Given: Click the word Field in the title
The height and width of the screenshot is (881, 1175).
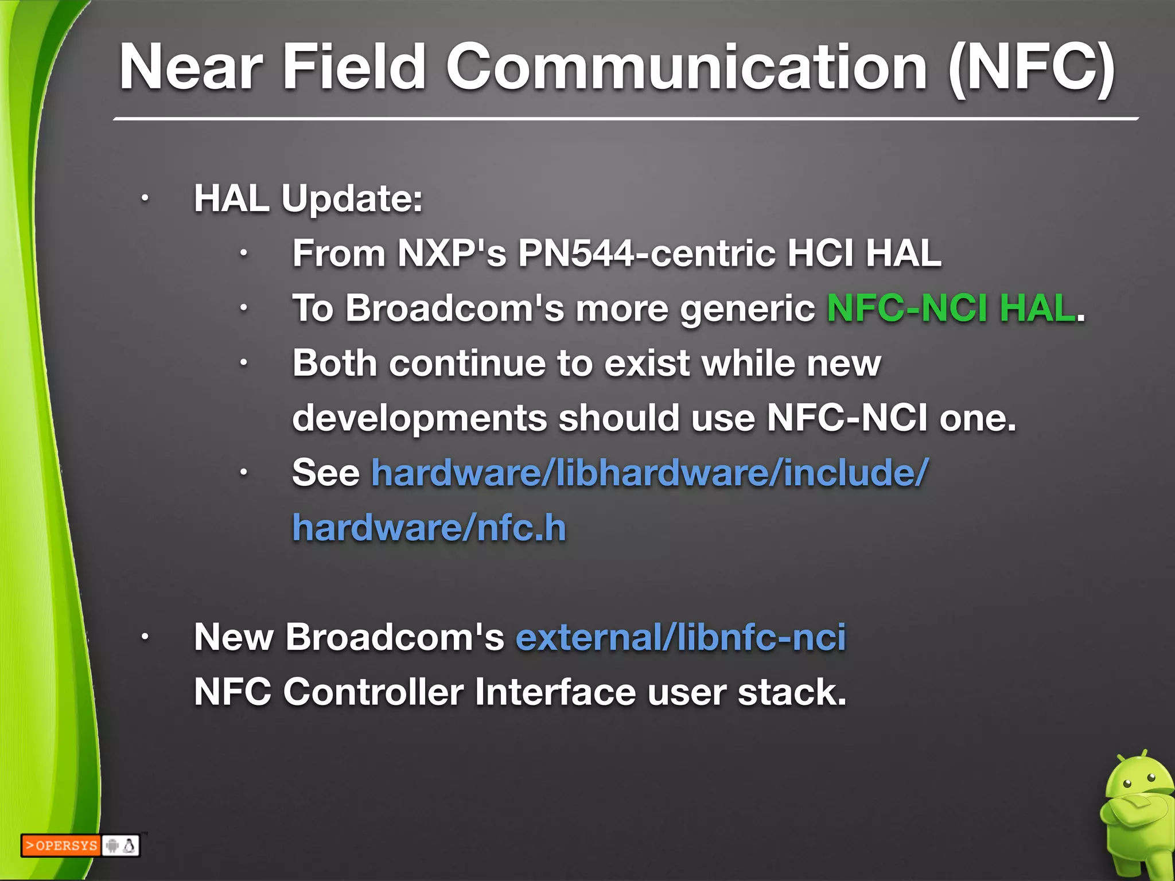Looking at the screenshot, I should coord(352,68).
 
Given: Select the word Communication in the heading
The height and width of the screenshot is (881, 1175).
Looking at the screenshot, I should coord(686,68).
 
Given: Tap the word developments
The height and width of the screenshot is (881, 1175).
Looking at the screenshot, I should coord(419,418).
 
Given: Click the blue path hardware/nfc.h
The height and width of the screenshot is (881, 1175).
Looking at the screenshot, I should coord(429,528).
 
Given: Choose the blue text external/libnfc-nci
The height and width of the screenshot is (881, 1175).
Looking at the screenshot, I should coord(680,637).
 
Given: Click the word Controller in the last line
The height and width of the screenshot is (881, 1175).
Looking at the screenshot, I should coord(373,692).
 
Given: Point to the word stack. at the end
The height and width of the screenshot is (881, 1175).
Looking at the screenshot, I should coord(792,692).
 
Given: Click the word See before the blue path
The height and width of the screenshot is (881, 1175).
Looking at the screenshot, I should coord(325,473).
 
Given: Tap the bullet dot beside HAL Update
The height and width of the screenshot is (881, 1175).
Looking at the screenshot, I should coord(145,199).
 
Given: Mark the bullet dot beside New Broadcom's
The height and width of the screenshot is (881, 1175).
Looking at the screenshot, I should coord(145,637).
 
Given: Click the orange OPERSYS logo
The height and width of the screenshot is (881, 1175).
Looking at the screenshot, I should coord(61,845).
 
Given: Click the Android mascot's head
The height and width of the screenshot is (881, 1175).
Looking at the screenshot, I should coord(1138,780).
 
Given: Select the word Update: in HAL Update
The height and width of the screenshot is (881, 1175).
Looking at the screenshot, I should coord(352,199).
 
